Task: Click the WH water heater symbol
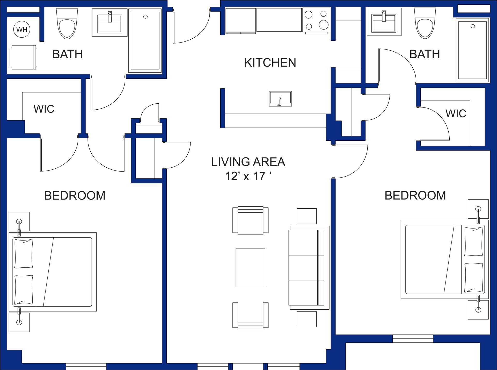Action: click(x=22, y=29)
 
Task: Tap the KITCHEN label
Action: click(x=270, y=63)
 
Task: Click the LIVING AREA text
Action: click(x=248, y=162)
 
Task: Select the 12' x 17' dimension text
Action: click(x=248, y=176)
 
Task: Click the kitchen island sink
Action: click(x=280, y=99)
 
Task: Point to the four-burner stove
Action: click(x=316, y=20)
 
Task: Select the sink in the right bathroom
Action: click(x=384, y=22)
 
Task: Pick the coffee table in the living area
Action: click(x=250, y=267)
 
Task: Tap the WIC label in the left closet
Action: click(x=44, y=109)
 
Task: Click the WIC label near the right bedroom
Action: click(x=456, y=113)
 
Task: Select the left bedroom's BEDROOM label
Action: click(x=75, y=196)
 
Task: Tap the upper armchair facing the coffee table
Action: click(x=250, y=220)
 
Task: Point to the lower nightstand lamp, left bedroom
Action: click(x=19, y=322)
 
